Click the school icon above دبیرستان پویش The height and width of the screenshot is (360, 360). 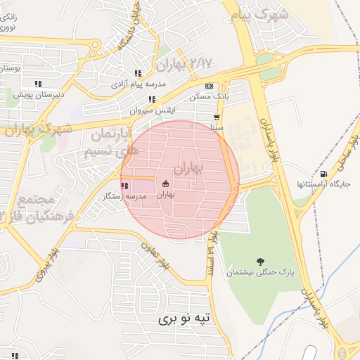[38, 84]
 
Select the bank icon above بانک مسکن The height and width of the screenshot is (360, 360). [208, 86]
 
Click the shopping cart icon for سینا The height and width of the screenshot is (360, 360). [217, 118]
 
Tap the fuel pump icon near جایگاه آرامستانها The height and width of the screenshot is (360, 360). [323, 174]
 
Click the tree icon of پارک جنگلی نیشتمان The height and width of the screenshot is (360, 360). [261, 262]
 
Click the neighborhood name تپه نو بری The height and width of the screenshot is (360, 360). [184, 319]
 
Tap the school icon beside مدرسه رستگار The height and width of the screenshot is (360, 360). [124, 186]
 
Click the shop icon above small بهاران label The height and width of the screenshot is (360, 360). [165, 184]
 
